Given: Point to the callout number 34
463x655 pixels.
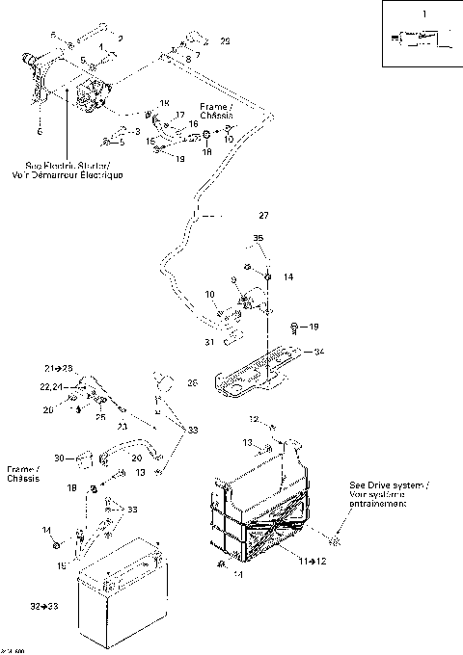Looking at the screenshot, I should [x=319, y=352].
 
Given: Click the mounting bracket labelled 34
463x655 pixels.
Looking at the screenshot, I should [x=260, y=371].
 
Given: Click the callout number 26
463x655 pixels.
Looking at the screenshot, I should [x=193, y=382].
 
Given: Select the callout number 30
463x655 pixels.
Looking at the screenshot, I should [x=59, y=458].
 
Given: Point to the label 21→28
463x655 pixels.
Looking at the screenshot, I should [x=58, y=369].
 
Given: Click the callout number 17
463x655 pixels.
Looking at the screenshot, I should [x=179, y=115].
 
